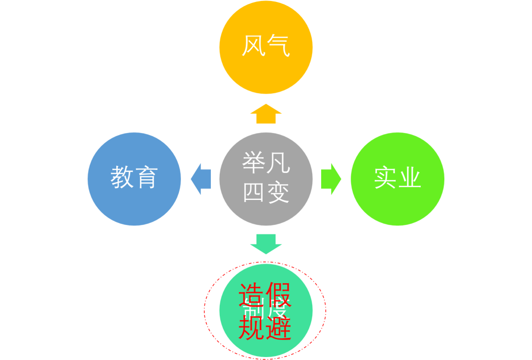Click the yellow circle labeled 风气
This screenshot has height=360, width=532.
[266, 47]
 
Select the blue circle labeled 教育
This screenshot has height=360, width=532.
[134, 179]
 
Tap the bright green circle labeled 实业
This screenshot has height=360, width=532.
[398, 179]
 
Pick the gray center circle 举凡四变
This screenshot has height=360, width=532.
[266, 179]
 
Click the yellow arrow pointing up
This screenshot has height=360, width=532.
[266, 114]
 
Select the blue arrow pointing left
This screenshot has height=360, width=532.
[200, 179]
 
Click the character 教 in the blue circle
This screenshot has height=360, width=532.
[122, 177]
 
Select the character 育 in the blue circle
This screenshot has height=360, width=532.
[146, 177]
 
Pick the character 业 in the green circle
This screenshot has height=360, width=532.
[410, 177]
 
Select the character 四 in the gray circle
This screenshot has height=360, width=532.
[254, 193]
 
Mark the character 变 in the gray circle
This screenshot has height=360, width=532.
[278, 193]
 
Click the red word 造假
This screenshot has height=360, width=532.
[265, 295]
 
